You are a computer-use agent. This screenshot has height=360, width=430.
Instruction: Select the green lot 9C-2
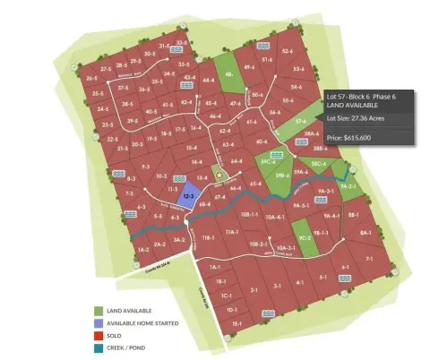click(x=305, y=238)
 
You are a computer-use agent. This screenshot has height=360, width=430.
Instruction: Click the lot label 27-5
click(x=107, y=68)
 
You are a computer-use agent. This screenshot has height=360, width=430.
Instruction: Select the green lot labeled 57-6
click(x=301, y=120)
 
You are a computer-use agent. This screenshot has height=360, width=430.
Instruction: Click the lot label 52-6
click(x=288, y=52)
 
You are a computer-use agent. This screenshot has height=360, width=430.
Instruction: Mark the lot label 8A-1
click(x=365, y=233)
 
